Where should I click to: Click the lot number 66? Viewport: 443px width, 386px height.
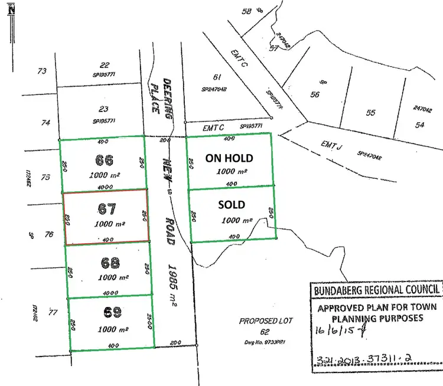tap(103, 160)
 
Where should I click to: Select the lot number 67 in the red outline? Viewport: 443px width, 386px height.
tap(108, 208)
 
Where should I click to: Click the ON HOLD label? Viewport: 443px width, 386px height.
tap(229, 158)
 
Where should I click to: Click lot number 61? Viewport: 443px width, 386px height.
tap(217, 76)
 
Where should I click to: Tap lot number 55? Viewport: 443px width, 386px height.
tap(370, 113)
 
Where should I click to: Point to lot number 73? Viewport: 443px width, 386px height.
tap(41, 71)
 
